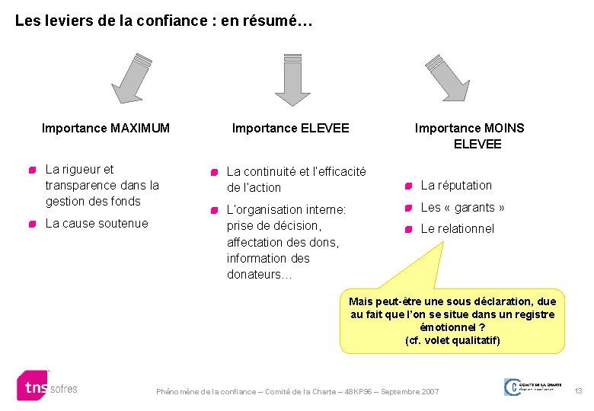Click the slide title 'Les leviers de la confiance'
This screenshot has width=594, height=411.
(x=164, y=21)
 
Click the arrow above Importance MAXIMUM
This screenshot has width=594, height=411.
(x=131, y=78)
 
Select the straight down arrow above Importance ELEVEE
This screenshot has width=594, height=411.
(x=292, y=80)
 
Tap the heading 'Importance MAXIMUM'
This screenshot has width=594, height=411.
(x=106, y=128)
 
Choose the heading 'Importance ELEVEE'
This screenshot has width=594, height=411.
(x=290, y=128)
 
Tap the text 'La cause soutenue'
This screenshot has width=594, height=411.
(x=97, y=223)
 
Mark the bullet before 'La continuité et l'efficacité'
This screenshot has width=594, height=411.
(x=216, y=173)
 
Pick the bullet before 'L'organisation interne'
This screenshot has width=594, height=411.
(x=216, y=210)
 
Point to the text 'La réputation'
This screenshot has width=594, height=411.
(x=456, y=185)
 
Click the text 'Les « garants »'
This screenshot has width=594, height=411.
(x=463, y=207)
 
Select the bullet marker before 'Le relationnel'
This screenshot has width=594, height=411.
(x=409, y=229)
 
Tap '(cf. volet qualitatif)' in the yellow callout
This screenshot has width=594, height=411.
(x=452, y=340)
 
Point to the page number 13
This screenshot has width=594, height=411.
(x=578, y=391)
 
